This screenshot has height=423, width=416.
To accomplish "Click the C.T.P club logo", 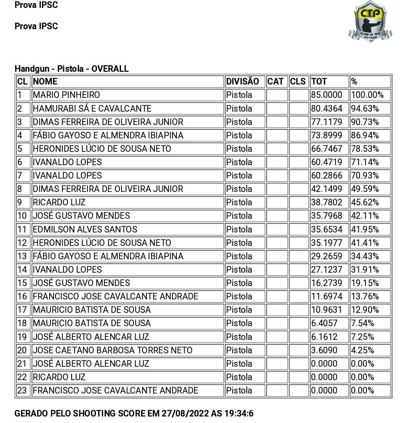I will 370,21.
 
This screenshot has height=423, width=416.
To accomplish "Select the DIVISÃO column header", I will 243,82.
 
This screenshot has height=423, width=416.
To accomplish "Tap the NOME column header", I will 45,82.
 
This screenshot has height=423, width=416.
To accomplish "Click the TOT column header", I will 319,82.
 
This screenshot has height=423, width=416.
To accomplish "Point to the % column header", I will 354,82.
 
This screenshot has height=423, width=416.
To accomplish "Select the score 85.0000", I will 327,95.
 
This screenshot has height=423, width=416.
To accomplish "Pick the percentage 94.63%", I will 365,108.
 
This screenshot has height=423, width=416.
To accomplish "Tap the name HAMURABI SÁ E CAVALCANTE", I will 92,108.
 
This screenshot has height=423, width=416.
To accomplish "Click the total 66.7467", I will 327,149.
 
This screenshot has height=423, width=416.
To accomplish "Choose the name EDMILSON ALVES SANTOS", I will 85,229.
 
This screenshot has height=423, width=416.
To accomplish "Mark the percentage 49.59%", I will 365,189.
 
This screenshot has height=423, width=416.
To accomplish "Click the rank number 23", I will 22,390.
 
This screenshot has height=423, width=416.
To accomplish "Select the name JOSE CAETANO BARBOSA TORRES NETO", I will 113,350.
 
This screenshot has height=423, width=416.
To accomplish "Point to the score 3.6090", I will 324,350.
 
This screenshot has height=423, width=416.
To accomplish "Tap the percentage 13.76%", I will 365,296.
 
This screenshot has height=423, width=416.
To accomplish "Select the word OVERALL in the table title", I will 110,69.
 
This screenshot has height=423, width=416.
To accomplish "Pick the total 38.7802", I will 327,202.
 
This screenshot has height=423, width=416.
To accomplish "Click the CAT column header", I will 275,82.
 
